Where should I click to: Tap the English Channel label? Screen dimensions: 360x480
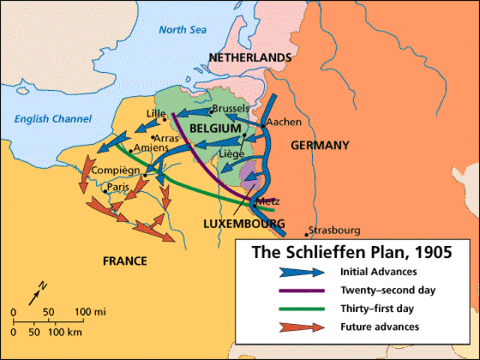pos(53,119)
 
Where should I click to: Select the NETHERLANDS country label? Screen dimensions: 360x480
pos(250,58)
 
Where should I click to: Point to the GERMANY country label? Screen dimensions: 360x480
pos(319,145)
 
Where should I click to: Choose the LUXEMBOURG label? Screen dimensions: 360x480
pos(244,223)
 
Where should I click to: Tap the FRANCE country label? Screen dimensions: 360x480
pos(125,261)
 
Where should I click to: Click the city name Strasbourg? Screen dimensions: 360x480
pos(334,231)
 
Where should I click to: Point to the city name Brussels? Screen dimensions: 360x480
pos(230,109)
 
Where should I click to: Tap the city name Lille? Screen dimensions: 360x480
pos(155,114)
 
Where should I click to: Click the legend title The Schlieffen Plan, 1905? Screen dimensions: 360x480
pos(349,253)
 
